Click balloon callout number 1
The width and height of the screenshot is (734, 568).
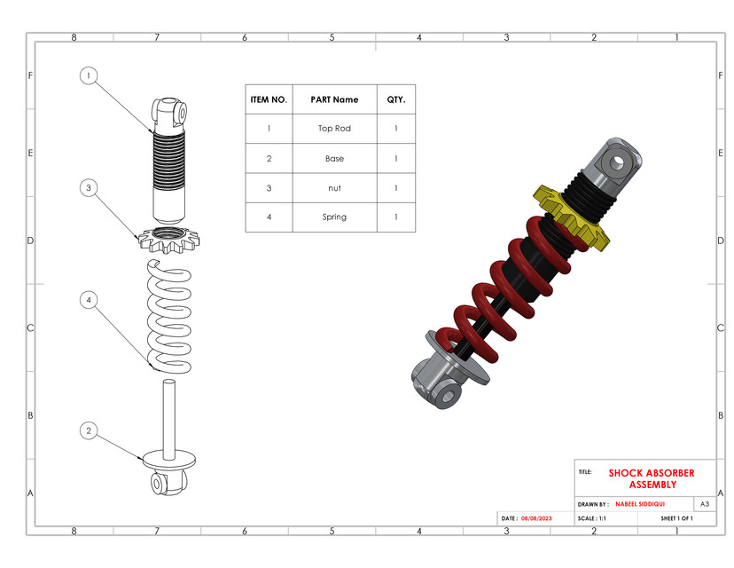pos(88,75)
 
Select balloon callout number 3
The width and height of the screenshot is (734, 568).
pos(88,187)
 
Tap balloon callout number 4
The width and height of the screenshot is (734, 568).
pos(88,300)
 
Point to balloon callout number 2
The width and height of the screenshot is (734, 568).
pos(88,430)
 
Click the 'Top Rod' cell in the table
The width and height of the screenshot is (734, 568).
pos(334,129)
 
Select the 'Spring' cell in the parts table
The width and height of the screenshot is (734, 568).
pos(334,217)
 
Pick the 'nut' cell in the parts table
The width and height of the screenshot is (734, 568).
pos(334,188)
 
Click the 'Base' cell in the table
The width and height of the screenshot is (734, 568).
pos(334,159)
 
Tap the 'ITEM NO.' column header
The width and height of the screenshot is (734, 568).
pos(269,100)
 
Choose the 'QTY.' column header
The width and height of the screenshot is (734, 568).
pos(395,100)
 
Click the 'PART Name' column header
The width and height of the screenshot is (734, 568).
pos(334,100)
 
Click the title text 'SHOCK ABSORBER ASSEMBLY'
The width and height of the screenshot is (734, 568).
pos(652,479)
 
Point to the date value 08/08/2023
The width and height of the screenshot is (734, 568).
pos(536,518)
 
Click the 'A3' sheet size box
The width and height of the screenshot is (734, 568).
pos(704,503)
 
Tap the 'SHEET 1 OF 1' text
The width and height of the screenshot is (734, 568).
pos(676,518)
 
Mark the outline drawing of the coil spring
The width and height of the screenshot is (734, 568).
pos(168,315)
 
